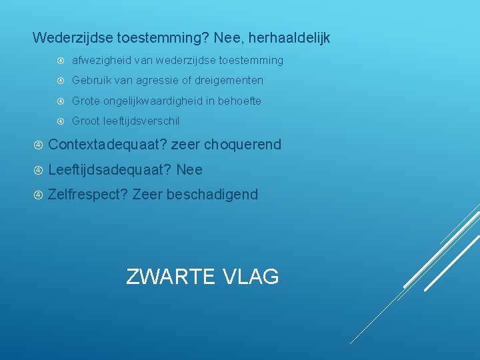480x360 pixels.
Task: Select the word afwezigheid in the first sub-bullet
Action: click(101, 61)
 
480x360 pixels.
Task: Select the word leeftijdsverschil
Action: click(141, 121)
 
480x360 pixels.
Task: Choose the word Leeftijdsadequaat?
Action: click(110, 170)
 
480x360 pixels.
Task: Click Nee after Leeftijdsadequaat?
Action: click(189, 170)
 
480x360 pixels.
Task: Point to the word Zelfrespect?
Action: click(88, 195)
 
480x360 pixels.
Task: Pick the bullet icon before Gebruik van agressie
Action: click(60, 81)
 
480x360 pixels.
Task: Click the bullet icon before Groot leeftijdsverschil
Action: click(60, 121)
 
